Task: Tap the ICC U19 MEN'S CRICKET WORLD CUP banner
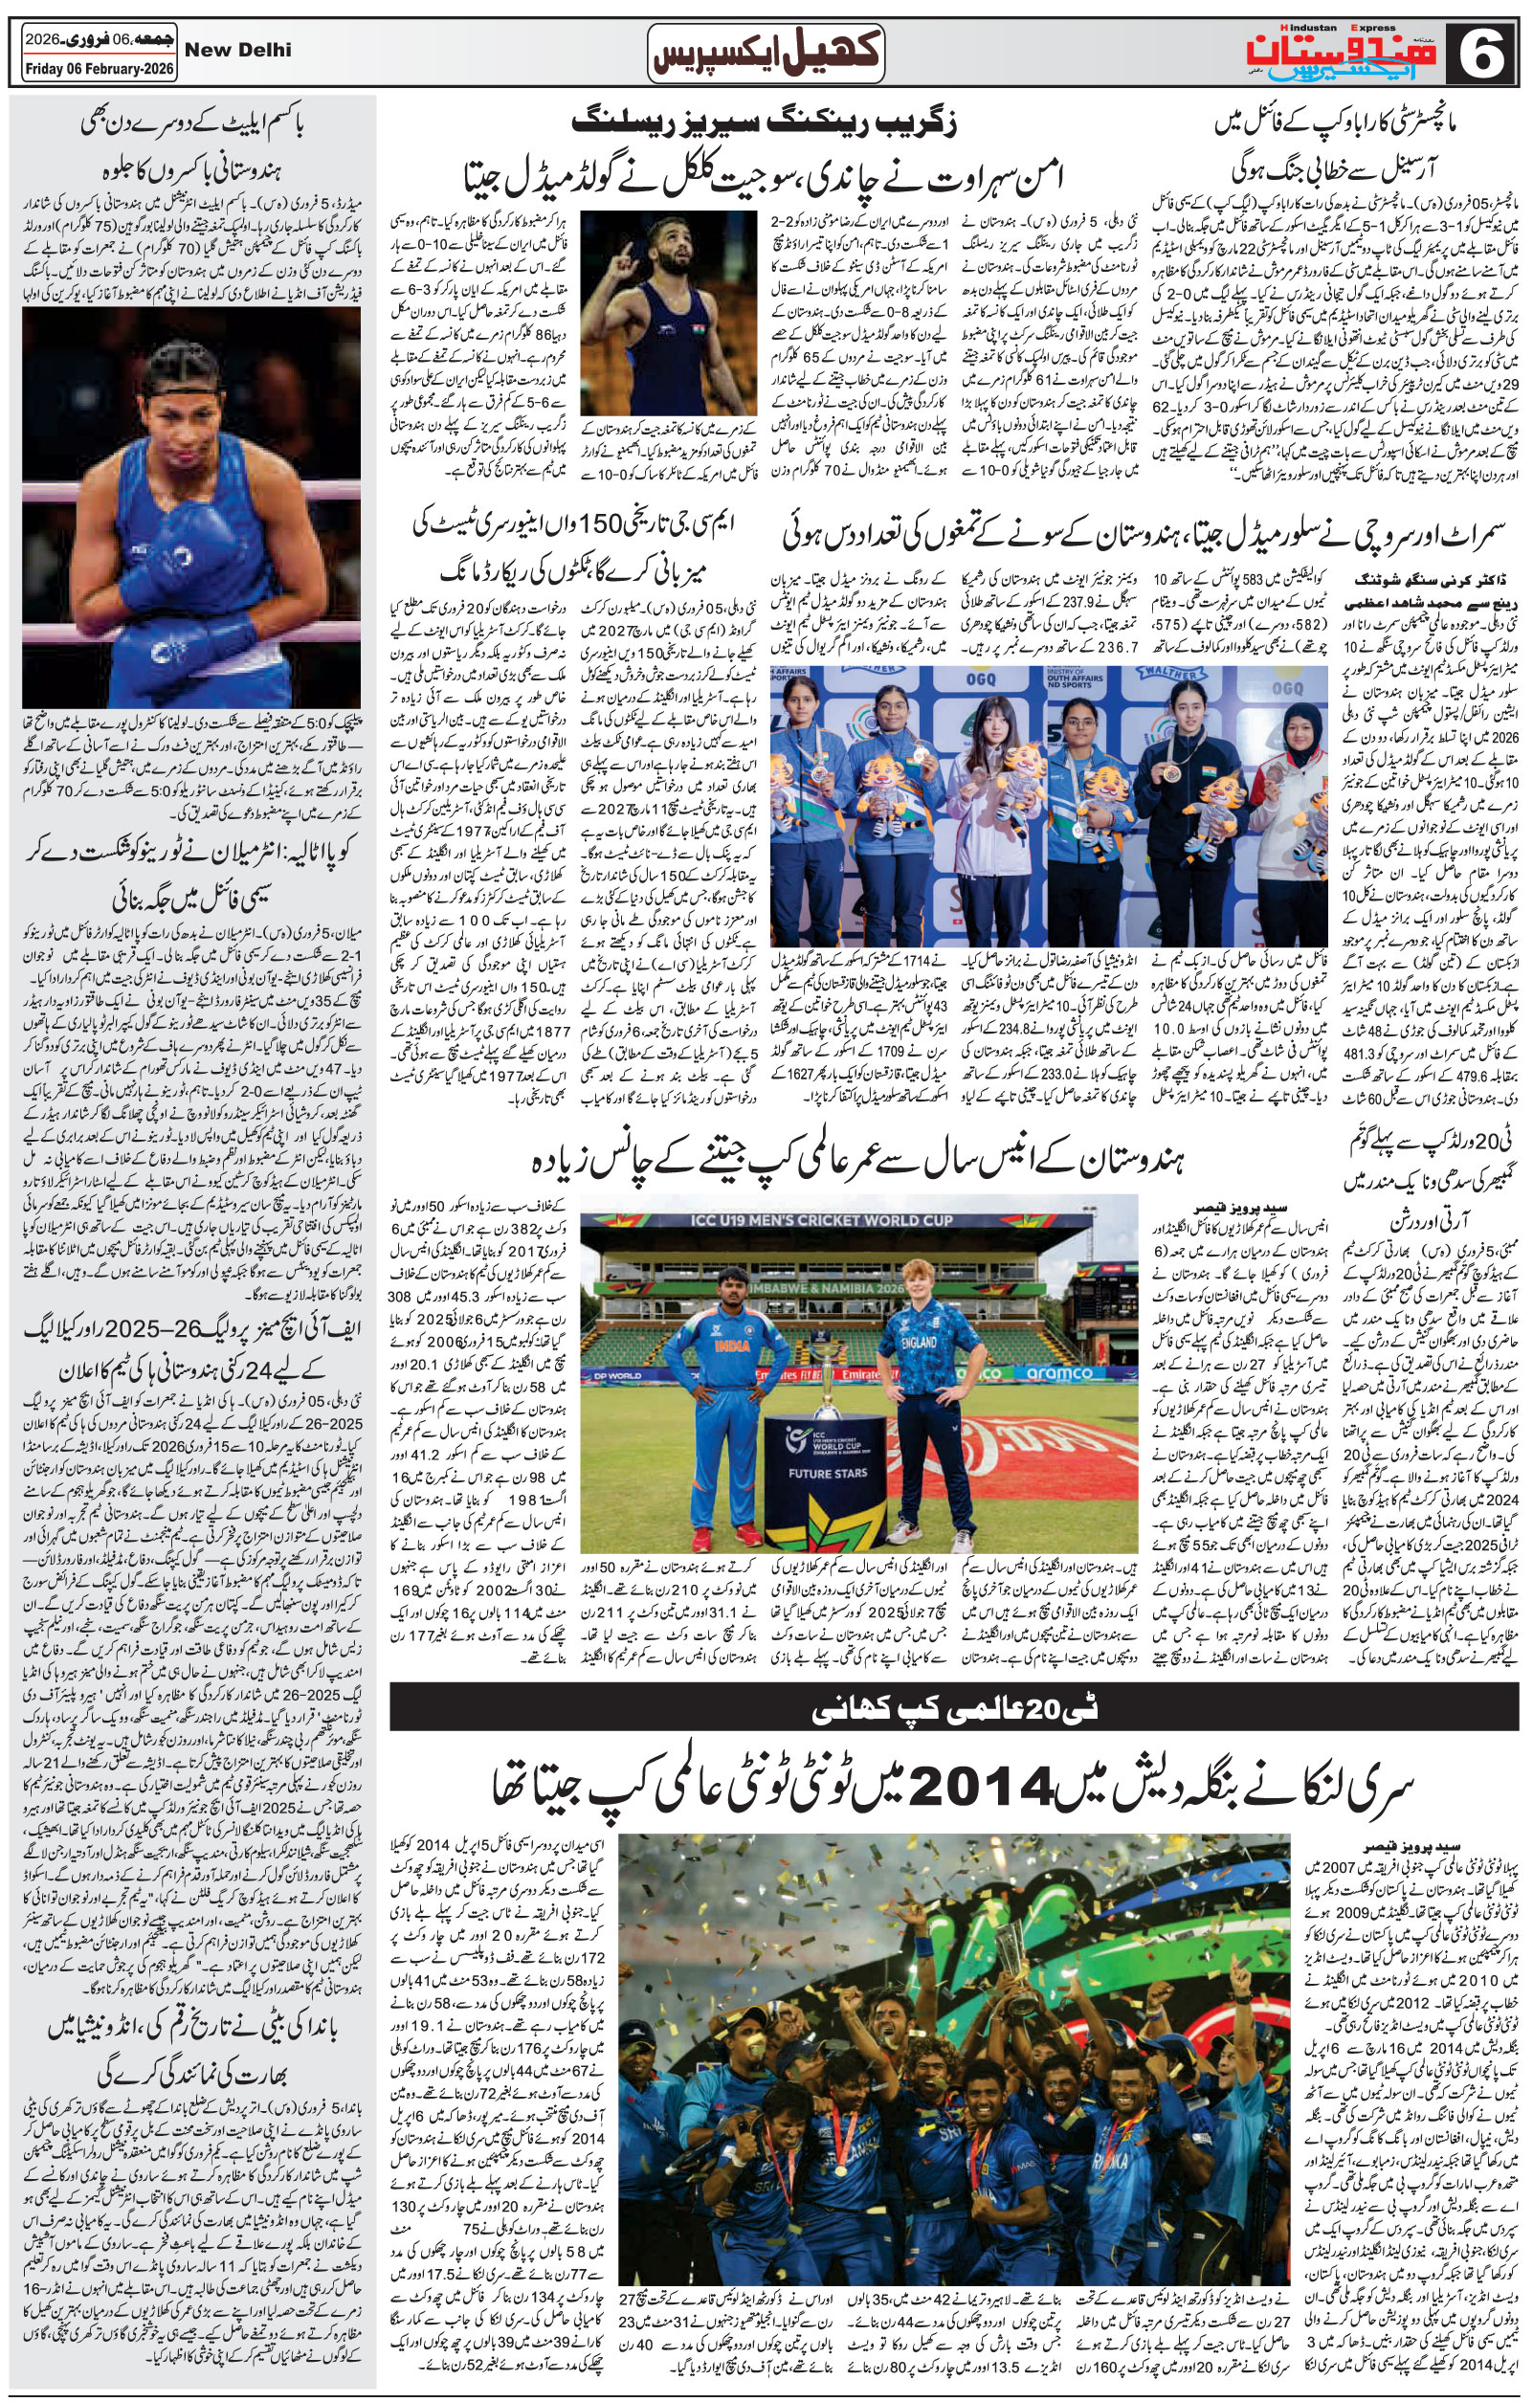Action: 857,1220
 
